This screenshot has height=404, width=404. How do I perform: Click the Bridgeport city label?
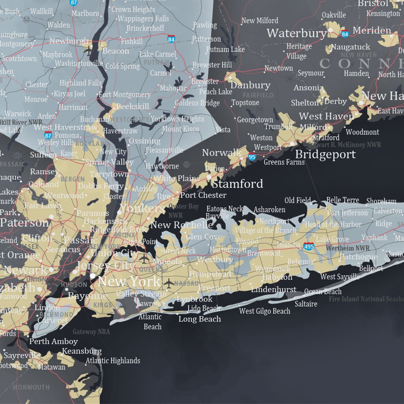[x=325, y=154]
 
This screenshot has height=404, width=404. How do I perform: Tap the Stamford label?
[x=238, y=183]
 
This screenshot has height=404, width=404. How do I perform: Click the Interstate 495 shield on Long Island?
[x=309, y=246]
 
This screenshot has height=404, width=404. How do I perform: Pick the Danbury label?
[x=250, y=85]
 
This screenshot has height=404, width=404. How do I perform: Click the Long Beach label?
[x=200, y=319]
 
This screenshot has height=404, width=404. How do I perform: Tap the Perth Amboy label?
[x=54, y=341]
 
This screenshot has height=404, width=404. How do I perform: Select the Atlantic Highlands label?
[x=113, y=360]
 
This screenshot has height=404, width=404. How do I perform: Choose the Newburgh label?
[x=69, y=41]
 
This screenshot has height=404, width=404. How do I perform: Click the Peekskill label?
[x=133, y=107]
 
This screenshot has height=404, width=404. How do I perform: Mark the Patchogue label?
[x=359, y=257]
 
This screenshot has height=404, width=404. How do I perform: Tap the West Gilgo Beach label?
[x=265, y=311]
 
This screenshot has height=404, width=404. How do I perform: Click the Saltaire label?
[x=306, y=304]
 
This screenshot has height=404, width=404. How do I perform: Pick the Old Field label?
[x=297, y=200]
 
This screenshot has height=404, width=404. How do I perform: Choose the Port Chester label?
[x=203, y=195]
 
